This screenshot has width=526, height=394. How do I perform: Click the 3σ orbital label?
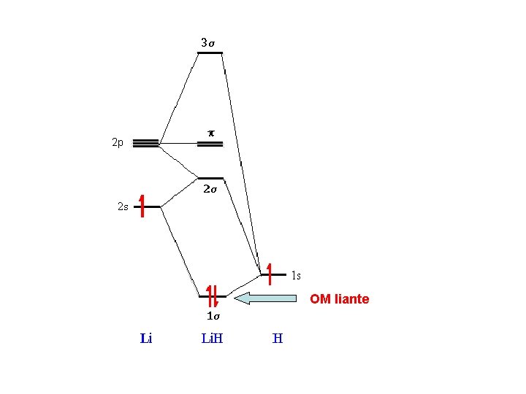pyautogui.click(x=208, y=43)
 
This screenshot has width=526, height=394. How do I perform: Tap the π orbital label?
pyautogui.click(x=211, y=134)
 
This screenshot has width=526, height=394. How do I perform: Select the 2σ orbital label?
pyautogui.click(x=210, y=190)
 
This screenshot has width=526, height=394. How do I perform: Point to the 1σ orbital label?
pyautogui.click(x=213, y=317)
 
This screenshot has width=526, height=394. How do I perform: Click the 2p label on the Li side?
pyautogui.click(x=118, y=143)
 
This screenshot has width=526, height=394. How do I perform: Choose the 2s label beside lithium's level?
pyautogui.click(x=123, y=206)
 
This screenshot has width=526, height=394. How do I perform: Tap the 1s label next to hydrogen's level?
pyautogui.click(x=296, y=276)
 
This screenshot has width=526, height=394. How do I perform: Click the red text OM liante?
pyautogui.click(x=340, y=299)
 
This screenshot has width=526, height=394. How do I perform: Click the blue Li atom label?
pyautogui.click(x=146, y=339)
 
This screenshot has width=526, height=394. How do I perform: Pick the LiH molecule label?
pyautogui.click(x=212, y=339)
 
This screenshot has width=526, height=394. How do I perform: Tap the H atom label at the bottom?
pyautogui.click(x=278, y=339)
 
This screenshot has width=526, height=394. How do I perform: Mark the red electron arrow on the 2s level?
pyautogui.click(x=142, y=206)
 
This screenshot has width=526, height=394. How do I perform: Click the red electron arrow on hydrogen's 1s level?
pyautogui.click(x=270, y=274)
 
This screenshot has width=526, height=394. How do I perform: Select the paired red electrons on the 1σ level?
pyautogui.click(x=213, y=295)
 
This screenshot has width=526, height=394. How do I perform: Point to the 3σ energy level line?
pyautogui.click(x=210, y=53)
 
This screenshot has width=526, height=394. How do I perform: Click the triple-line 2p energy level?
pyautogui.click(x=146, y=143)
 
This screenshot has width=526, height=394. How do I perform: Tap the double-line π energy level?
pyautogui.click(x=210, y=144)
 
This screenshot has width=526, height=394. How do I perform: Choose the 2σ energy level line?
pyautogui.click(x=210, y=178)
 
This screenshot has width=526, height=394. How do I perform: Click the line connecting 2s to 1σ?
pyautogui.click(x=179, y=252)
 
